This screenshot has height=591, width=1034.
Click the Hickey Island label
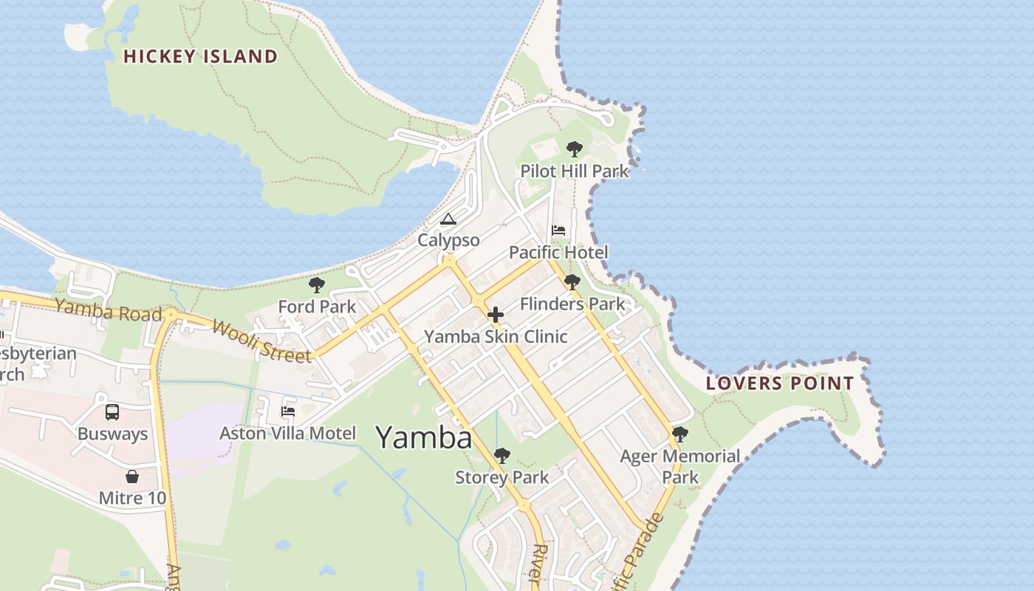[200, 56]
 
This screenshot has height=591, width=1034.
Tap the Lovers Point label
[779, 383]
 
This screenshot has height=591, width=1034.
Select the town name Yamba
[424, 437]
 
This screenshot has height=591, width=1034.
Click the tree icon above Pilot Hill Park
[574, 150]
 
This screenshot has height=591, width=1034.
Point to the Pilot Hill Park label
[575, 171]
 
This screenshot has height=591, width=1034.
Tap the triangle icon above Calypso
[448, 219]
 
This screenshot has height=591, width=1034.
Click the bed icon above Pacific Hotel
[558, 230]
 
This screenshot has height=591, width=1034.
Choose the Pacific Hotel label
[558, 253]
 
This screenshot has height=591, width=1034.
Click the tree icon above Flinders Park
[572, 282]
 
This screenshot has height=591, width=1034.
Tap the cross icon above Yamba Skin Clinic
[495, 315]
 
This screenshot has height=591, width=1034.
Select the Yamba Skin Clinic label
[495, 337]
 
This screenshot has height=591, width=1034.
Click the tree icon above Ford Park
[317, 285]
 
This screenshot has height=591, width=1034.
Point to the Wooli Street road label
[261, 341]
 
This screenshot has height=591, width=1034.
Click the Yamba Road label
[108, 310]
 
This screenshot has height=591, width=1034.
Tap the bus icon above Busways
[112, 412]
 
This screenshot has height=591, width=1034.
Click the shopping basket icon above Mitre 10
[132, 476]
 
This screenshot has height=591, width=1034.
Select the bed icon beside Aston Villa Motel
[288, 411]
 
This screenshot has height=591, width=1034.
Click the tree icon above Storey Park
[501, 456]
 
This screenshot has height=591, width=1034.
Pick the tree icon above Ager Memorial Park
[679, 434]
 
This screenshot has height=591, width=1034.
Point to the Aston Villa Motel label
[287, 434]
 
